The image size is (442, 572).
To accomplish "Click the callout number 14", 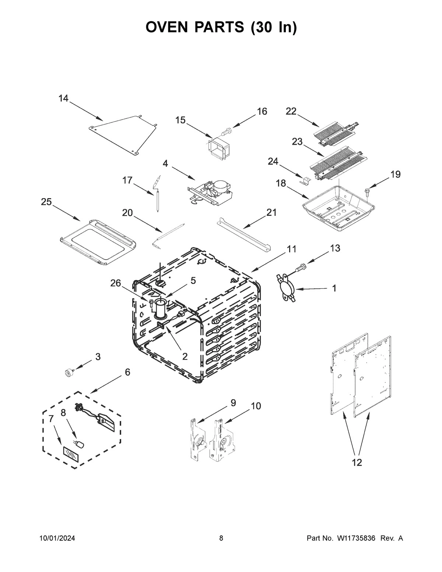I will pos(63,98).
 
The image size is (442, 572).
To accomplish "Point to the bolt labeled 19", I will pos(367,191).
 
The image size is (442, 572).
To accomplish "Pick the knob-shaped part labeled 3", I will pos(68,373).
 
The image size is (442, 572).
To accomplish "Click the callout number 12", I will pos(357,463).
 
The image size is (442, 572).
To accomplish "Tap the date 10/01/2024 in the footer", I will pos(57,538).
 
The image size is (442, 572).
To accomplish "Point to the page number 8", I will pos(221,538).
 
